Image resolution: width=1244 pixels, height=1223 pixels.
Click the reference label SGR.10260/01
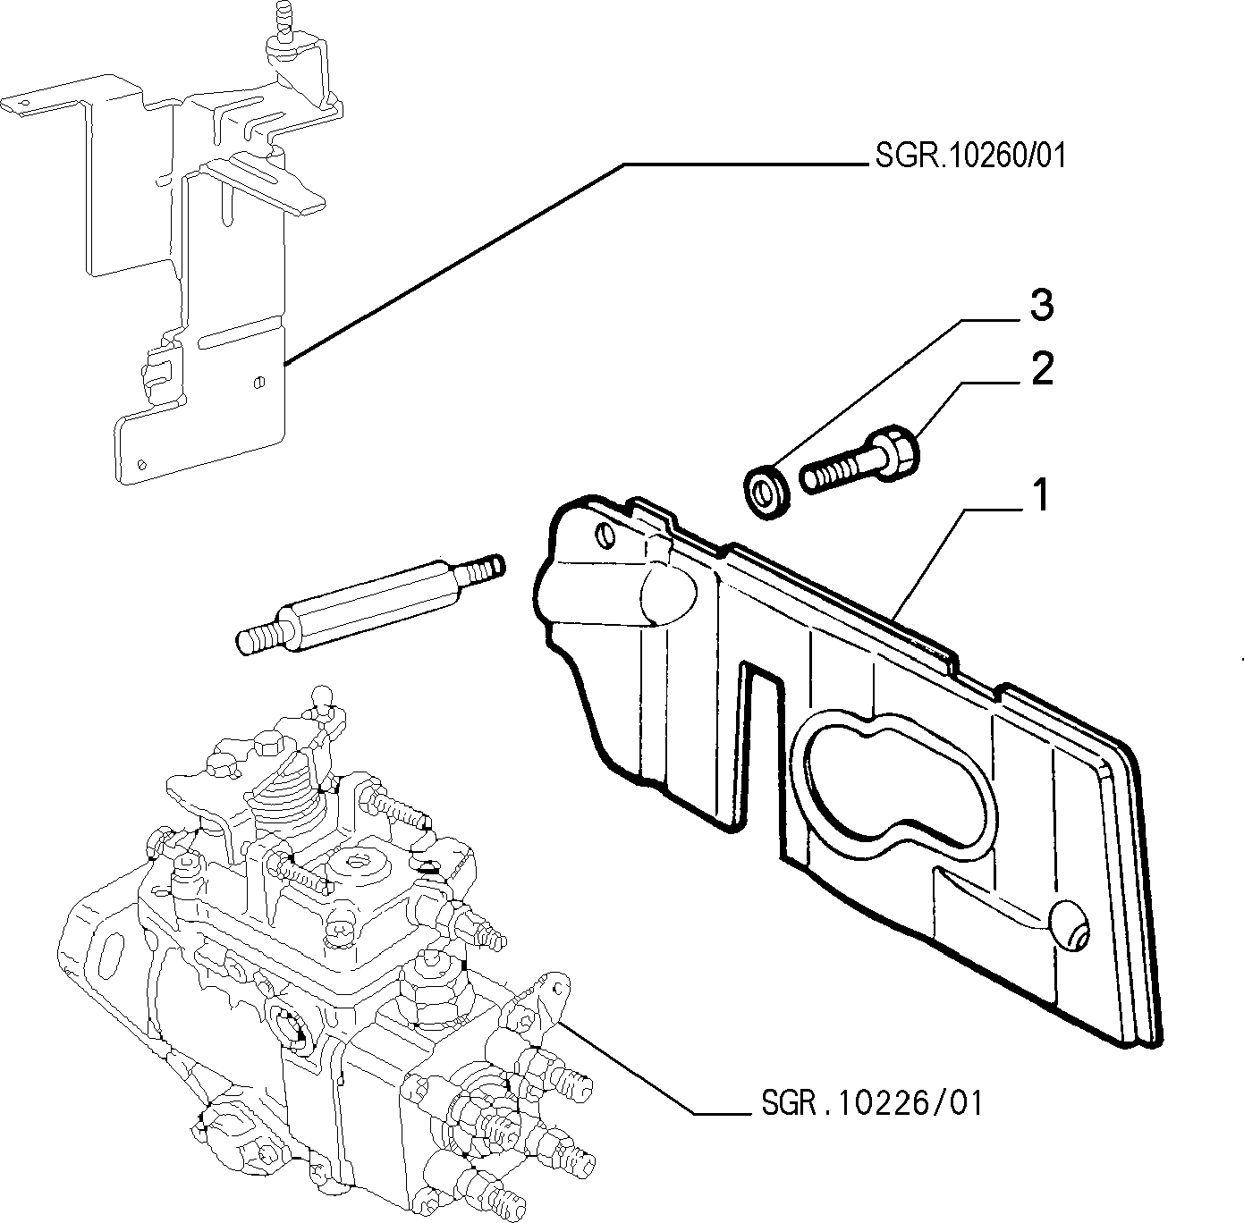pos(969,156)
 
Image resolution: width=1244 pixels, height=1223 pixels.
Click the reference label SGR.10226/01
pos(871,1103)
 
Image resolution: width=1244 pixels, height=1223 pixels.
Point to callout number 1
pos(1041,495)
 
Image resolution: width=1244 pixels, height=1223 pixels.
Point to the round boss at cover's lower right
pos(1070,932)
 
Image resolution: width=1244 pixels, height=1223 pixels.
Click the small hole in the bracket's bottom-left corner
pos(142,464)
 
